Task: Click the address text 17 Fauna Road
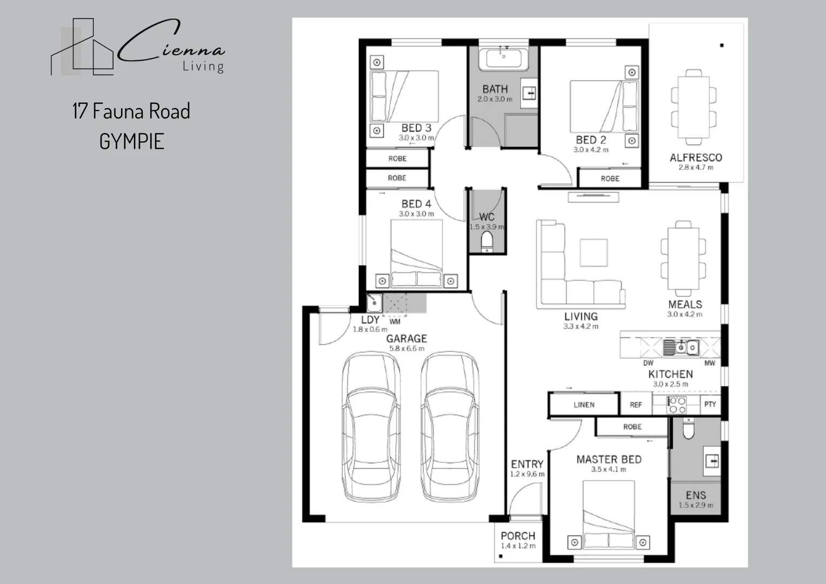[131, 111]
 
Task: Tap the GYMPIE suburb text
[132, 142]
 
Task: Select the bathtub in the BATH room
[504, 58]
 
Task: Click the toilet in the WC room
[488, 242]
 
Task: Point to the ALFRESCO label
[696, 157]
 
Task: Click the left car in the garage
[371, 427]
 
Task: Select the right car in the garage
[450, 427]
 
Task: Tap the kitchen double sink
[681, 347]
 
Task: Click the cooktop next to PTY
[677, 405]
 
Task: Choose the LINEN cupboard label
[584, 404]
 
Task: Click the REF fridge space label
[636, 404]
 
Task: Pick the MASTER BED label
[609, 459]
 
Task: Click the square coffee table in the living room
[594, 253]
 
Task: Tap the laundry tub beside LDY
[375, 303]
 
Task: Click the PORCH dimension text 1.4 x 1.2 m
[518, 546]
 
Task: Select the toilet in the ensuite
[688, 430]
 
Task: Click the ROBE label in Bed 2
[610, 178]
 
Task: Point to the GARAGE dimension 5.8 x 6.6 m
[407, 349]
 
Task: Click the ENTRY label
[527, 464]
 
